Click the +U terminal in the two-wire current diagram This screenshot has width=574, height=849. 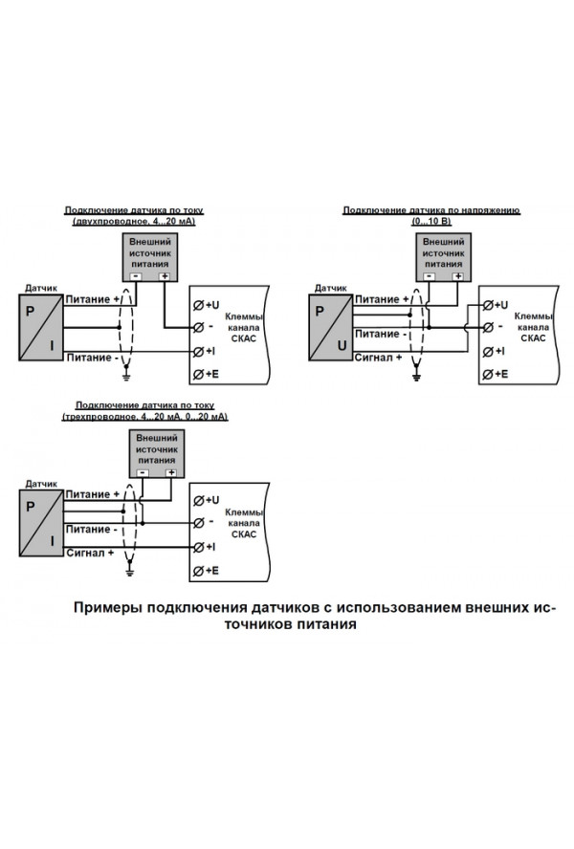(x=206, y=305)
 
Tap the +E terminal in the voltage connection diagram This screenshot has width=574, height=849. (x=496, y=374)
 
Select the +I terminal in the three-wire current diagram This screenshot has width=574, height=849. (x=205, y=547)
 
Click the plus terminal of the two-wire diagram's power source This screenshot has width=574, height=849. (x=165, y=276)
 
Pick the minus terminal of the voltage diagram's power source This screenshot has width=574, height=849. (x=429, y=276)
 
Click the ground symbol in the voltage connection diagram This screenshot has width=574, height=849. (x=416, y=376)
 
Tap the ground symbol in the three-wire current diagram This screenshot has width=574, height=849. (x=129, y=571)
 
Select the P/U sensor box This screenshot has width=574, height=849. (x=330, y=328)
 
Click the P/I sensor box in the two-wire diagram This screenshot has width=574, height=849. (x=40, y=328)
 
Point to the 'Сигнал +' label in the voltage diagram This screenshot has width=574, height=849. (x=378, y=358)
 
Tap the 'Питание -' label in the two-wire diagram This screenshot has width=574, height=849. (x=89, y=358)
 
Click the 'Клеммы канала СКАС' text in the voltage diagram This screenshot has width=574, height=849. (x=534, y=327)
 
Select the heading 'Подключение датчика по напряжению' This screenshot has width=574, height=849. (x=431, y=210)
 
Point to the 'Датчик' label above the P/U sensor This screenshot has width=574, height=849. (x=331, y=288)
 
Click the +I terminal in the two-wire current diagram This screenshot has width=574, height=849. (x=205, y=352)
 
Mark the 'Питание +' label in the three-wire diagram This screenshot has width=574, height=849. (x=92, y=494)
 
